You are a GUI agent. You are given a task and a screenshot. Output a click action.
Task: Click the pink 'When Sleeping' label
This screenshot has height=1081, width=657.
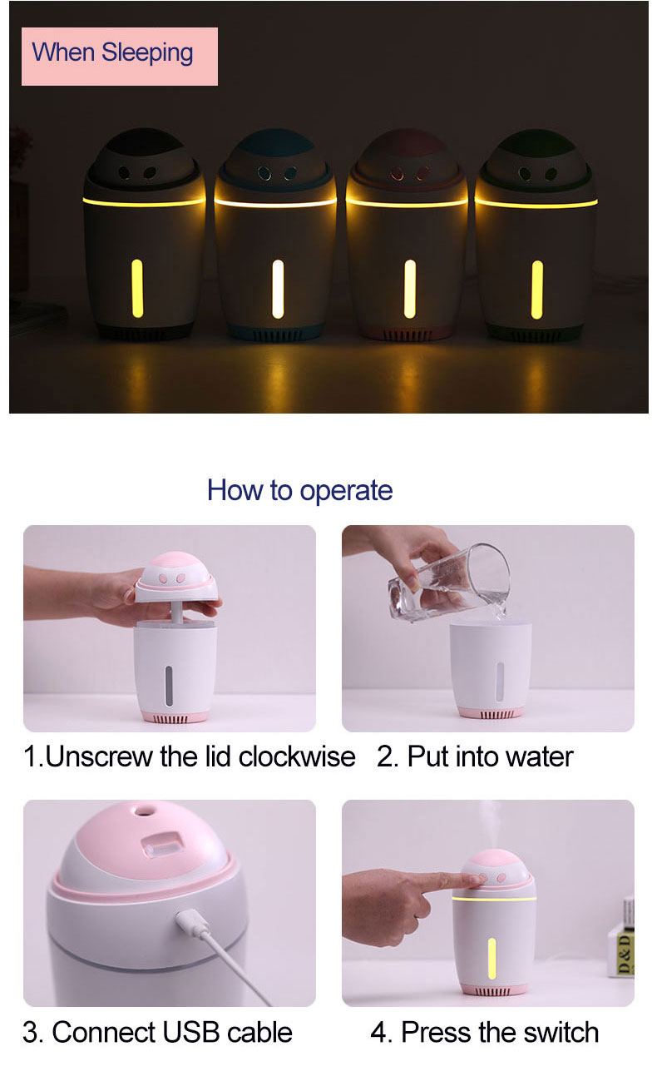120,57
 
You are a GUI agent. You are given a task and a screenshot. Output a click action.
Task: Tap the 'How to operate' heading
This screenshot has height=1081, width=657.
299,490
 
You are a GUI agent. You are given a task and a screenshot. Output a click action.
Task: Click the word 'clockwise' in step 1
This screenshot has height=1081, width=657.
297,756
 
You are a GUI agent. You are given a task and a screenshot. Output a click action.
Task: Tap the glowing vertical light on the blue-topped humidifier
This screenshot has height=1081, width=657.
278,289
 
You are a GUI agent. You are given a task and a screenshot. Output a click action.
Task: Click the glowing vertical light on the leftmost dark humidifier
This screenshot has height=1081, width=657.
137,289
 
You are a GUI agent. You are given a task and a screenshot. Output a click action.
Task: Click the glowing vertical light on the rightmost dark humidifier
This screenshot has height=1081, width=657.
537,290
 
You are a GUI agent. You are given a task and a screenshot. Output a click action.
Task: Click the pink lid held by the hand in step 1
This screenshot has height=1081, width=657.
176,577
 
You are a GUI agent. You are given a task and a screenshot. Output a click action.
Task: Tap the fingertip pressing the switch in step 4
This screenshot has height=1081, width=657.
478,880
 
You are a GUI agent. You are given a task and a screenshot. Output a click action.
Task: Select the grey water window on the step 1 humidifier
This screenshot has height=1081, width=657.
168,686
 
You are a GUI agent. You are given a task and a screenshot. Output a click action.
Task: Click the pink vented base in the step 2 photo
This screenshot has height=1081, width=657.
491,713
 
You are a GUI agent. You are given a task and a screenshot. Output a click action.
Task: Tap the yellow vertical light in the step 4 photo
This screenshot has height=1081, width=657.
492,959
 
